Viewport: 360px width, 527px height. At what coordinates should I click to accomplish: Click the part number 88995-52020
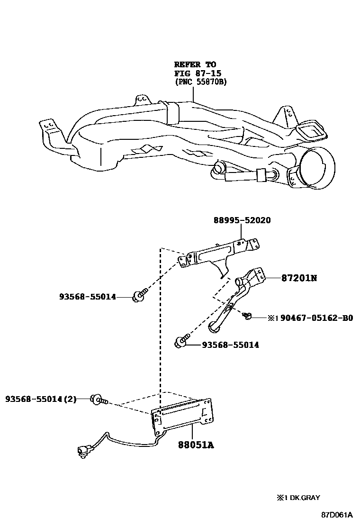tap(242, 221)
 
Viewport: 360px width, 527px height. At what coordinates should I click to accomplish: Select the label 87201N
tap(292, 278)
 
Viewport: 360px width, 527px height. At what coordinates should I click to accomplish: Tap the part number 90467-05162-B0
tap(316, 318)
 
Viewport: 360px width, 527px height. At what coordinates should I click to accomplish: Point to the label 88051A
tap(196, 445)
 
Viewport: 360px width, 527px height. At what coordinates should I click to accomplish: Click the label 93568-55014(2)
tap(41, 399)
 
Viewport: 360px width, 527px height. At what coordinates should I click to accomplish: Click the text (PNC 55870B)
tap(201, 82)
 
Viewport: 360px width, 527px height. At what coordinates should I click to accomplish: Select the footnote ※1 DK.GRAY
tap(299, 498)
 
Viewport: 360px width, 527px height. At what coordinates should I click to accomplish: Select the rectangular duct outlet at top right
tap(311, 130)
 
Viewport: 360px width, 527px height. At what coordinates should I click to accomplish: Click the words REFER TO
tap(195, 64)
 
